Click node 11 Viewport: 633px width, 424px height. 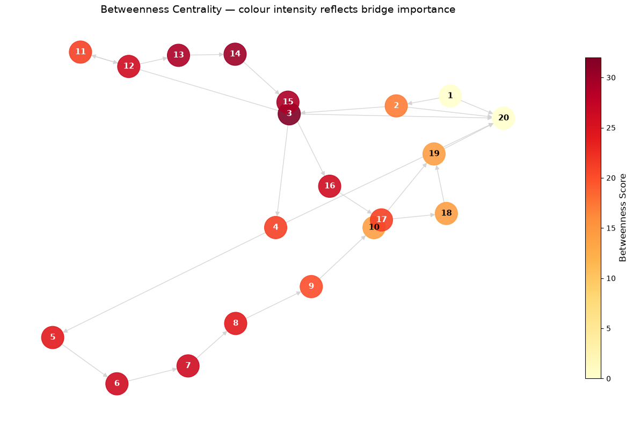click(81, 52)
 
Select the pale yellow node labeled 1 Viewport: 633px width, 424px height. click(450, 96)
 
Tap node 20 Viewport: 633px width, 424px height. click(504, 118)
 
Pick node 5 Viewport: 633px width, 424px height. click(53, 337)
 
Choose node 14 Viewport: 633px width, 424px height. click(235, 54)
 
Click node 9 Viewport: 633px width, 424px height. click(311, 286)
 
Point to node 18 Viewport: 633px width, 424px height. click(446, 213)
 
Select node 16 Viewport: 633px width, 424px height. click(330, 186)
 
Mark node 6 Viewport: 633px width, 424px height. click(117, 384)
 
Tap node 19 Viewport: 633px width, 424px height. click(434, 154)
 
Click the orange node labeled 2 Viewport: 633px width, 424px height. click(396, 106)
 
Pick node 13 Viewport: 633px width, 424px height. click(178, 55)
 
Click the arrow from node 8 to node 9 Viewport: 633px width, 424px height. click(273, 305)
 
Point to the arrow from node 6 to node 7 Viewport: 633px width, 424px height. click(152, 375)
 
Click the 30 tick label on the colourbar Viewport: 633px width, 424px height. click(611, 77)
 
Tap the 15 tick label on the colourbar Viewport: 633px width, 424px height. click(611, 228)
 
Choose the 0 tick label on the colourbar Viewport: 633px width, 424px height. click(608, 379)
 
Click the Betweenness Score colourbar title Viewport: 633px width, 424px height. click(622, 218)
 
